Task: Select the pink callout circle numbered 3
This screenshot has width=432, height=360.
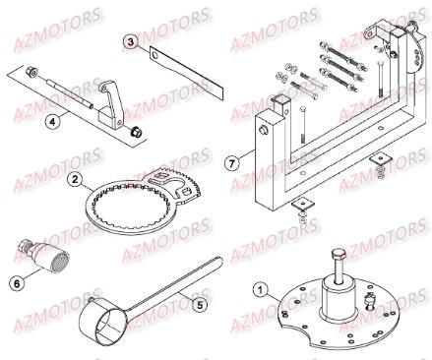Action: point(130,40)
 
